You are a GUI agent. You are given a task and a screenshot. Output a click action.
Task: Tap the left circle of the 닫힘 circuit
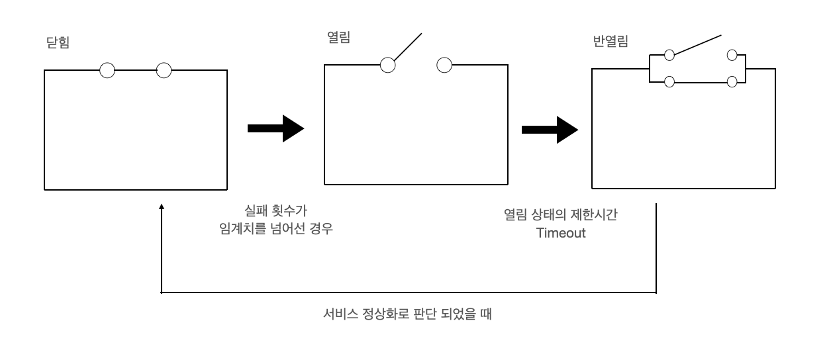107,69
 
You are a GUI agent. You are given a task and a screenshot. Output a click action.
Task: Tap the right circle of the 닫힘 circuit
164,69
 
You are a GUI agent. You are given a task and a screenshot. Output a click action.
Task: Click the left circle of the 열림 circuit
388,64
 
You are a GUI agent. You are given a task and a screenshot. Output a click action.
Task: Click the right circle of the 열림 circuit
445,64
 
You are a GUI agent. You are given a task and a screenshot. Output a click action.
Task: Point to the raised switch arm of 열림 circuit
408,46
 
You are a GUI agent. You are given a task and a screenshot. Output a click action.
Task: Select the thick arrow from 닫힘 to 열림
275,130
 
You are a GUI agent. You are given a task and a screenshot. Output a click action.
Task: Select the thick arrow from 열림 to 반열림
549,130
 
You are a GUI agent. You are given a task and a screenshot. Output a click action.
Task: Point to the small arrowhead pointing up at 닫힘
162,208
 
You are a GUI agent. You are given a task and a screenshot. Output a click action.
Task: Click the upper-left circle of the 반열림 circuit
669,55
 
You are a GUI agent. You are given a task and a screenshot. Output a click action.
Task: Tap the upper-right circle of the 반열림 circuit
732,55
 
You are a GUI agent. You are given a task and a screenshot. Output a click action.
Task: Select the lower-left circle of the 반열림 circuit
669,81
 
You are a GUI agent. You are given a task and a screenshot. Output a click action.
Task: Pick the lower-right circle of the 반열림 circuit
732,81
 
